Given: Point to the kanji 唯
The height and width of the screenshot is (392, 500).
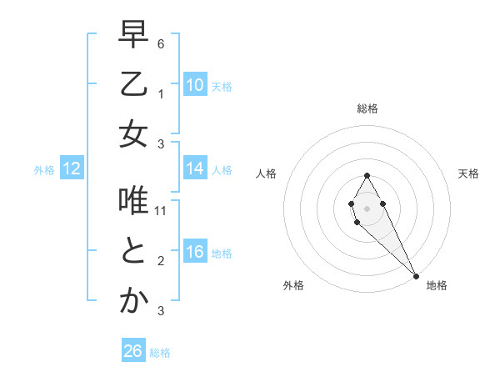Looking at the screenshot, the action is pyautogui.click(x=133, y=200).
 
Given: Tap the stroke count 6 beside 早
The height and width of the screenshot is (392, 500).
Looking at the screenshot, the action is pyautogui.click(x=161, y=43).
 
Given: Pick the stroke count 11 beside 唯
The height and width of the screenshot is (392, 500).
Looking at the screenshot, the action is pyautogui.click(x=161, y=210).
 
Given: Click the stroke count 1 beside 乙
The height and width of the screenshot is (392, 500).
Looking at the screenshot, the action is pyautogui.click(x=161, y=93).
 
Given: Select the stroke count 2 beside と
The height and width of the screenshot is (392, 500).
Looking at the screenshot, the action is pyautogui.click(x=161, y=260).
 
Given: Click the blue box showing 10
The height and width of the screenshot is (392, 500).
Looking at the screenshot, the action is pyautogui.click(x=195, y=85).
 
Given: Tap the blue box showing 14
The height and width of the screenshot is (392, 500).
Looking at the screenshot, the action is pyautogui.click(x=195, y=168).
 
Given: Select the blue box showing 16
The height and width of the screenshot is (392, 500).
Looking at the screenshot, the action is pyautogui.click(x=195, y=252).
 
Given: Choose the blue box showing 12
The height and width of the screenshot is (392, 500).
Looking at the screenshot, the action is pyautogui.click(x=72, y=168).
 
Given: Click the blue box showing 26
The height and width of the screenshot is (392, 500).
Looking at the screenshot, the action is pyautogui.click(x=133, y=351).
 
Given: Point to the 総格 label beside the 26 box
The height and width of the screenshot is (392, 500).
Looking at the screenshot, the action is pyautogui.click(x=160, y=353).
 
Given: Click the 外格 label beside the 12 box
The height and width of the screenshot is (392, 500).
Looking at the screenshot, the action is pyautogui.click(x=44, y=170).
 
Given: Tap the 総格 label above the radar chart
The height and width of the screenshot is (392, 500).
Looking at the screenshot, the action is pyautogui.click(x=367, y=108).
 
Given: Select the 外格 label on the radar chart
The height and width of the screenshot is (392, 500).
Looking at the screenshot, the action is pyautogui.click(x=293, y=285).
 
